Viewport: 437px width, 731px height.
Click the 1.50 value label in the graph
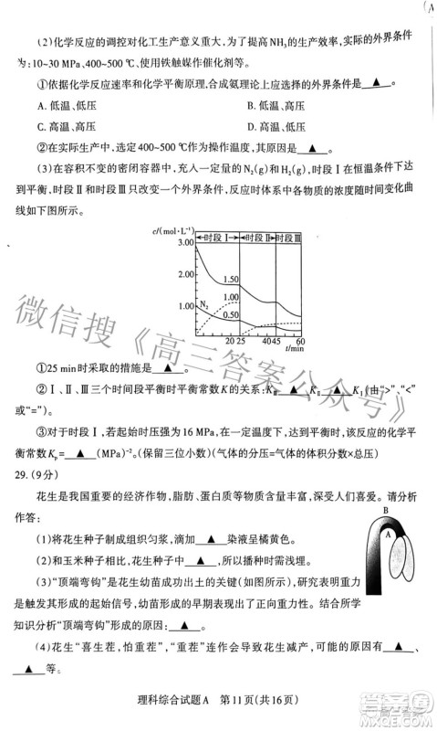230,279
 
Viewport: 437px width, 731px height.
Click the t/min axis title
294,349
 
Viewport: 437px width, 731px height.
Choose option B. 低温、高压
275,106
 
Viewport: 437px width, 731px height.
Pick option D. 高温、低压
275,126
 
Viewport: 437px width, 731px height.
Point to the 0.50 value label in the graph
230,315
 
